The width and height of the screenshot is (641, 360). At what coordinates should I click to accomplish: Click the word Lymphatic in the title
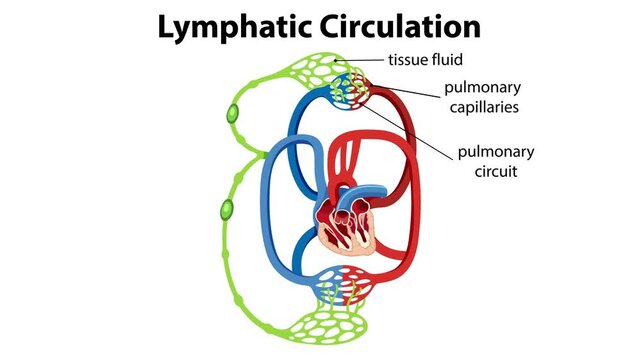coord(237,26)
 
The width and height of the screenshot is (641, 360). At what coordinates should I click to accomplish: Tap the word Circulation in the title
coord(399,26)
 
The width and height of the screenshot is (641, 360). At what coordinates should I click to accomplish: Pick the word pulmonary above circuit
coord(496,152)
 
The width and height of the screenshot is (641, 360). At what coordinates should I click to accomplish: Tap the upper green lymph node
coord(233,116)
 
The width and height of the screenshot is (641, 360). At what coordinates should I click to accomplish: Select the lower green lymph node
coord(226,210)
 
